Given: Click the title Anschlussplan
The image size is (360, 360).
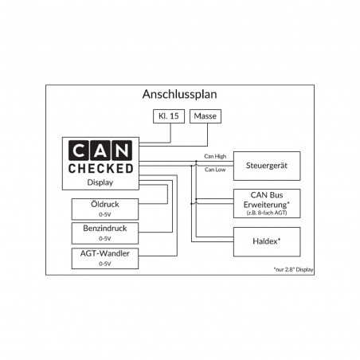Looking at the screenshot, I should click(179, 94).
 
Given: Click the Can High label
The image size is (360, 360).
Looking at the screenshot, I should click(215, 155).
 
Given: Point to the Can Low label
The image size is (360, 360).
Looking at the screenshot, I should click(214, 169).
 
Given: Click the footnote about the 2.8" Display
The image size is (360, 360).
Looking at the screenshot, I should click(293, 269).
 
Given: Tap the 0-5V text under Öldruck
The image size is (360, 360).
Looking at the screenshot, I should click(104, 213).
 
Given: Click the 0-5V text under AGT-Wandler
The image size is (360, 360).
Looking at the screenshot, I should click(104, 263).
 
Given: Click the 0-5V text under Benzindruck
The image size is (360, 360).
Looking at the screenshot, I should click(104, 238).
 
